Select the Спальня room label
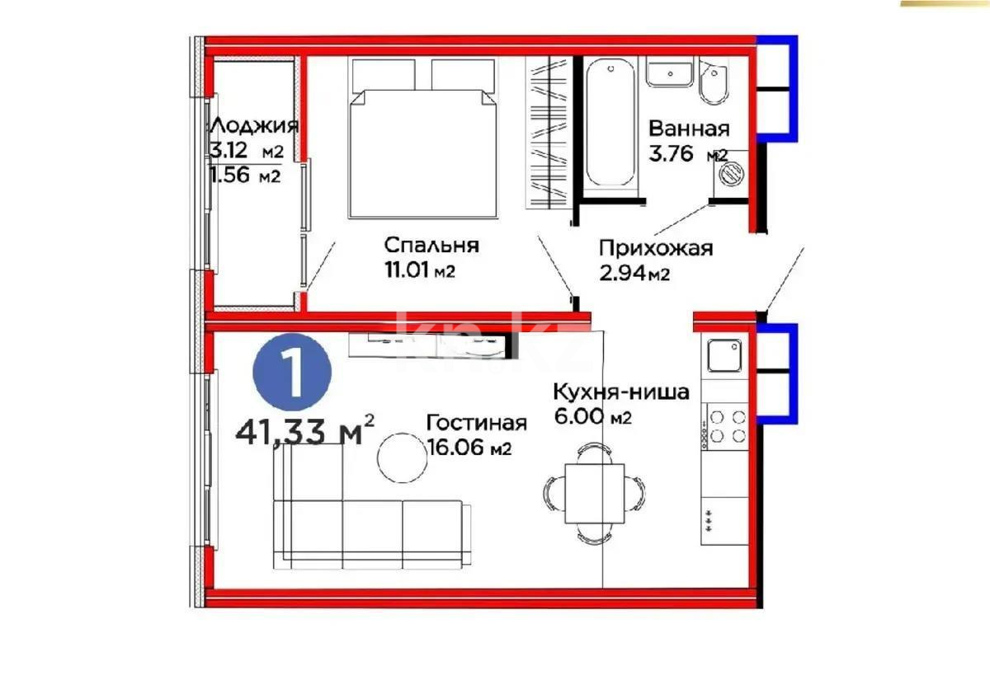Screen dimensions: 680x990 point(431,245)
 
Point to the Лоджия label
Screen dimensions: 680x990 point(252,126)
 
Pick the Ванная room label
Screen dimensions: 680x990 point(689,129)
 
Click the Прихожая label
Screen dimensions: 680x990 point(655,249)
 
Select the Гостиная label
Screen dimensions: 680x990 point(476,423)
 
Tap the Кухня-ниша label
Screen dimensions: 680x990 point(620,392)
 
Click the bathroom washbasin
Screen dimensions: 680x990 point(669,73)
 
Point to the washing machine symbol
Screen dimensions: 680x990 point(730,174)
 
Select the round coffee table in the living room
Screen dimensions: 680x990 point(402,457)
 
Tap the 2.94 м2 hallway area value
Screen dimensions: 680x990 point(634,274)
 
